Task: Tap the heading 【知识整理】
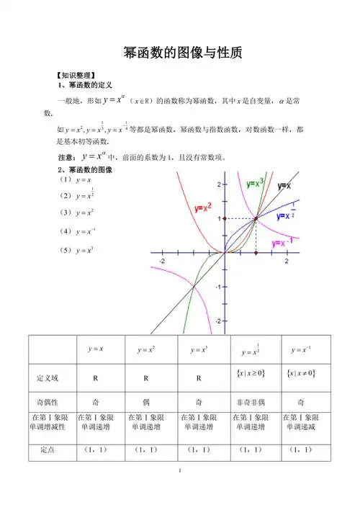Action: click(76, 75)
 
